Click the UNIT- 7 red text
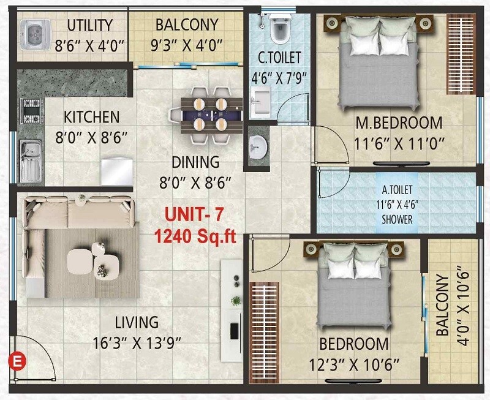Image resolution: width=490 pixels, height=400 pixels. [x=194, y=216]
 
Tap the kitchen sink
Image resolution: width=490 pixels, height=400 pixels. [x=30, y=160]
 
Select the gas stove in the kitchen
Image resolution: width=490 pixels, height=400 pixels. [x=30, y=111]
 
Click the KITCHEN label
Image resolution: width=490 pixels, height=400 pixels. [x=92, y=117]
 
